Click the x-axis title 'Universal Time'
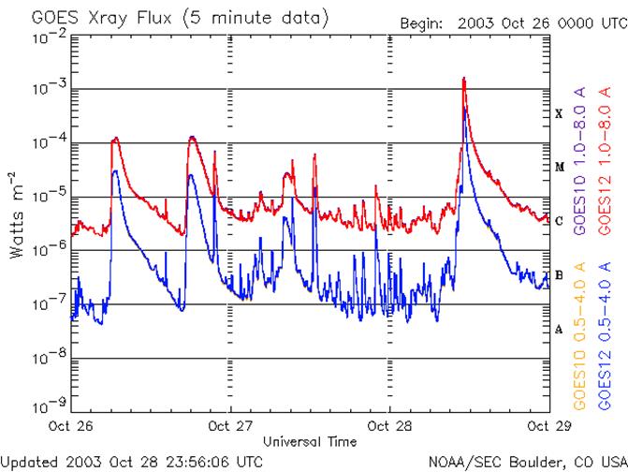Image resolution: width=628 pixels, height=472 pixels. click(x=309, y=440)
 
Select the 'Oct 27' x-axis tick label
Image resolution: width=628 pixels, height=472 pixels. click(x=231, y=425)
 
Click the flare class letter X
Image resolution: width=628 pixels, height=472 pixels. click(x=559, y=113)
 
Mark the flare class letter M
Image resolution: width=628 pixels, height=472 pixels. click(x=559, y=168)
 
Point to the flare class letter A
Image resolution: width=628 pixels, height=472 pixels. click(x=559, y=329)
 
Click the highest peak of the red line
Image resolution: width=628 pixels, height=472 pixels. click(x=463, y=79)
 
